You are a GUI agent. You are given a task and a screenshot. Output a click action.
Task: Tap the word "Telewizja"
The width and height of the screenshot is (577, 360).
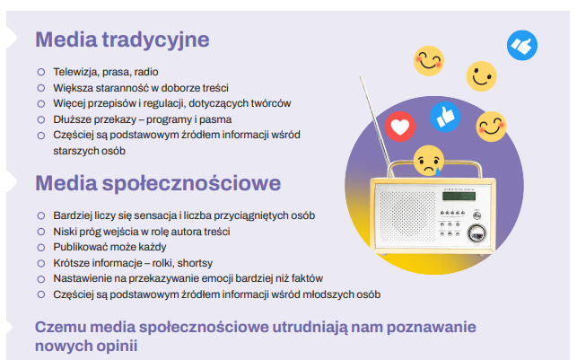pos(74,71)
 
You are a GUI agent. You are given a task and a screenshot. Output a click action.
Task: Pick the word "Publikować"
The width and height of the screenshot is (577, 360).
pos(81,247)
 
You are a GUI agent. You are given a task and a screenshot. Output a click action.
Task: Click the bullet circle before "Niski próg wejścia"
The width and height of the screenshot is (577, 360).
pos(40,232)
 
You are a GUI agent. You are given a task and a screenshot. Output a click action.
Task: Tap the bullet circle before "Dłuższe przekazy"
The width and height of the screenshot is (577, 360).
pos(40,119)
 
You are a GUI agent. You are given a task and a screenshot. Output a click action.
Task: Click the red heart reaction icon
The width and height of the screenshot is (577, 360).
pos(400,125)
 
